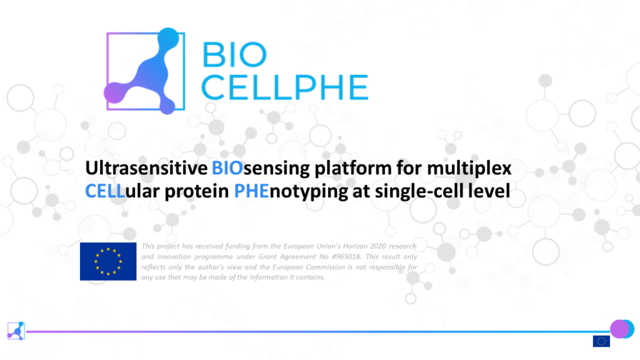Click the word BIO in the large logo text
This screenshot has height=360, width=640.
234,55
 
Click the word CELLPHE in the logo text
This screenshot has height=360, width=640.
285,87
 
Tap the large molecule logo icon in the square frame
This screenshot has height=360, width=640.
145,71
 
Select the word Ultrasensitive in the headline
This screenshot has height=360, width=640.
146,168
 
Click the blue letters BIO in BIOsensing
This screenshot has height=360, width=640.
227,168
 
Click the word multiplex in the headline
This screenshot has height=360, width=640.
469,169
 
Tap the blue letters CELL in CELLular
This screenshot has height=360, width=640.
105,191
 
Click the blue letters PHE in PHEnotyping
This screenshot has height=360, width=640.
251,191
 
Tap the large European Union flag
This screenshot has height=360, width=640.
108,262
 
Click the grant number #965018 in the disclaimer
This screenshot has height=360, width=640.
345,257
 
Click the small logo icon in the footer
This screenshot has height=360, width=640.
16,331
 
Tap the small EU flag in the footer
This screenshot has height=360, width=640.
601,341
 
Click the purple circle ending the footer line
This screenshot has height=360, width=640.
619,329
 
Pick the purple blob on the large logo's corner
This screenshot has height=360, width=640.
114,92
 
